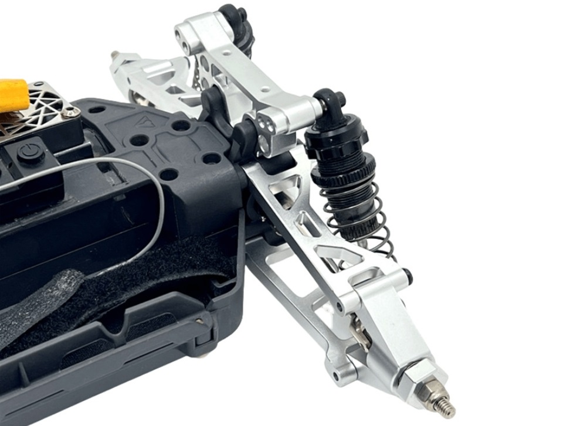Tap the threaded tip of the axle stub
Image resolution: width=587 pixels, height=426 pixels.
[x=446, y=407]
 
